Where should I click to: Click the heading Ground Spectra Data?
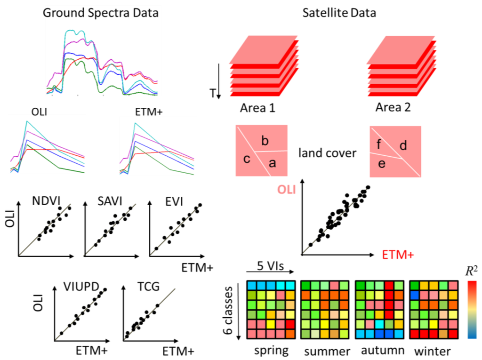[x=100, y=13]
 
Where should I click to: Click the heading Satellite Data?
[x=338, y=13]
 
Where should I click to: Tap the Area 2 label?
[x=393, y=107]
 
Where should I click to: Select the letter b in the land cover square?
[x=265, y=141]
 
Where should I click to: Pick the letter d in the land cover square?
[x=403, y=146]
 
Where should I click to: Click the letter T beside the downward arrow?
[x=213, y=94]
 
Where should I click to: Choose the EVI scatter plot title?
[x=174, y=201]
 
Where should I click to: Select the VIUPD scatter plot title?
[x=78, y=287]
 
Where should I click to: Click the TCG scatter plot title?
[x=142, y=287]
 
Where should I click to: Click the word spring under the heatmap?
[x=271, y=351]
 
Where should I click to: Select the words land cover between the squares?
[x=328, y=153]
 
